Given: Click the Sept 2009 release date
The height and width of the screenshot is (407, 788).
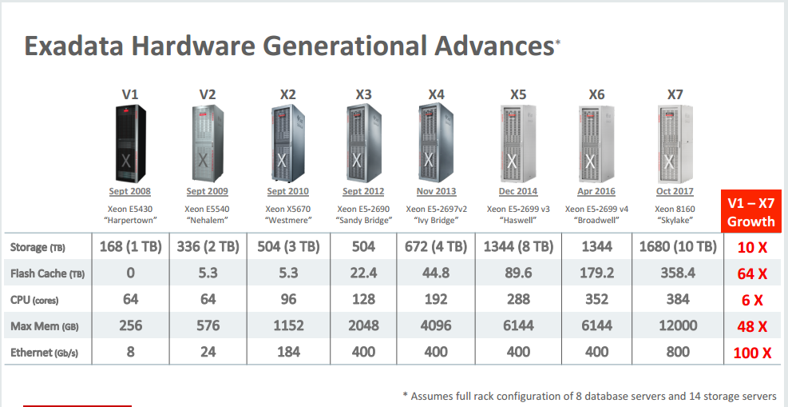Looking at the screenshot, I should pyautogui.click(x=207, y=192).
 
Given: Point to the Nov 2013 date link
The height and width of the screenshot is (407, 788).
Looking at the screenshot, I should pyautogui.click(x=436, y=192).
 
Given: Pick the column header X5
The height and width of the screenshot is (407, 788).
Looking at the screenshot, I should pyautogui.click(x=517, y=94).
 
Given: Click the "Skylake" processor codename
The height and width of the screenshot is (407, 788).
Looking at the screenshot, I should pyautogui.click(x=675, y=220).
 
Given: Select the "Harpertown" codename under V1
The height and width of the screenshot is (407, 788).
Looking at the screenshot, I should pyautogui.click(x=129, y=220).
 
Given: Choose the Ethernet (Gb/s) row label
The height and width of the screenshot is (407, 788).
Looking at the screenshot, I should pyautogui.click(x=47, y=352).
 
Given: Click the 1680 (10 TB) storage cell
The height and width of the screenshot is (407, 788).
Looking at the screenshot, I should pyautogui.click(x=677, y=247).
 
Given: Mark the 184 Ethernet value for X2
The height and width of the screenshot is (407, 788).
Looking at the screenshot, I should pyautogui.click(x=288, y=352).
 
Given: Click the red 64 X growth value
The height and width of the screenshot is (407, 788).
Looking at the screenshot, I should pyautogui.click(x=751, y=274).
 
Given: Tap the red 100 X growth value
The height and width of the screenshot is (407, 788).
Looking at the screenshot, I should pyautogui.click(x=751, y=353).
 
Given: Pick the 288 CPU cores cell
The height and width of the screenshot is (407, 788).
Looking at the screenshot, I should pyautogui.click(x=517, y=299).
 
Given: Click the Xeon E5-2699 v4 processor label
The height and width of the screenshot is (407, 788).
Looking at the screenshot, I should pyautogui.click(x=596, y=209).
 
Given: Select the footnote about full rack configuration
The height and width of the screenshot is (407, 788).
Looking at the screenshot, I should pyautogui.click(x=590, y=396).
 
